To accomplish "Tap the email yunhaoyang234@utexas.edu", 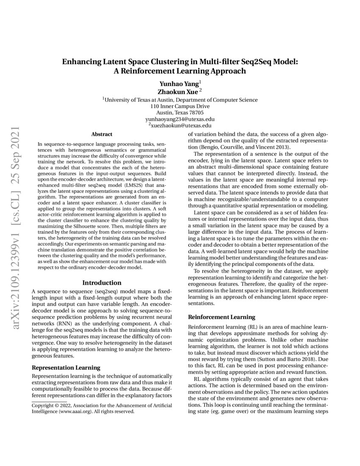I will click(180, 119).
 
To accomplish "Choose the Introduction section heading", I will click(102, 283).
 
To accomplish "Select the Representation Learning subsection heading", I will click(66, 367).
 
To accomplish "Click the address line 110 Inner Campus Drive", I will click(180, 106).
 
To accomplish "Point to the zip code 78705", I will click(195, 113).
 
